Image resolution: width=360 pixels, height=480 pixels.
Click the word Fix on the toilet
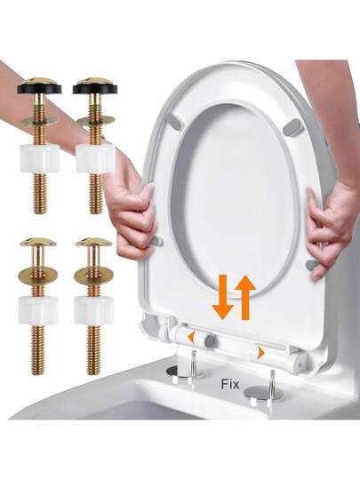click(230, 384)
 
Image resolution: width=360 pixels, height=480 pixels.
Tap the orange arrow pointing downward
click(223, 297)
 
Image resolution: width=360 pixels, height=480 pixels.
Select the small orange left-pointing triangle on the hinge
click(191, 338)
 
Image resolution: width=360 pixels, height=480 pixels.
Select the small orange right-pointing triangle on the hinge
click(260, 353)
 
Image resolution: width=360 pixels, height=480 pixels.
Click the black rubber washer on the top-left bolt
click(39, 89)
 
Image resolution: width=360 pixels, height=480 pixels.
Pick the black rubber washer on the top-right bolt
click(95, 89)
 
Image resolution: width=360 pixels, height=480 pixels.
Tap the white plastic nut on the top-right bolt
click(95, 158)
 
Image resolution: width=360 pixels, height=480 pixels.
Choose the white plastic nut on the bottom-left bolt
click(38, 310)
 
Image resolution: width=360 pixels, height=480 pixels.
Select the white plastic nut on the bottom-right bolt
click(94, 310)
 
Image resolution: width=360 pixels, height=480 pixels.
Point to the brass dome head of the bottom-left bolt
click(38, 242)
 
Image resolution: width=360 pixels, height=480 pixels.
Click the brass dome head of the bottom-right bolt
click(94, 242)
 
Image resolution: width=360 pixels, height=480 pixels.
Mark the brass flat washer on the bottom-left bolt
click(38, 275)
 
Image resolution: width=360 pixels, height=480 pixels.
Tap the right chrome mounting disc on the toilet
click(264, 393)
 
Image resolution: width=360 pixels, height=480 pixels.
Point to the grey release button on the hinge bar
click(210, 340)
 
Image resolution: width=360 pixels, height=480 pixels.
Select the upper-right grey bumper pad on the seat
click(292, 127)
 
